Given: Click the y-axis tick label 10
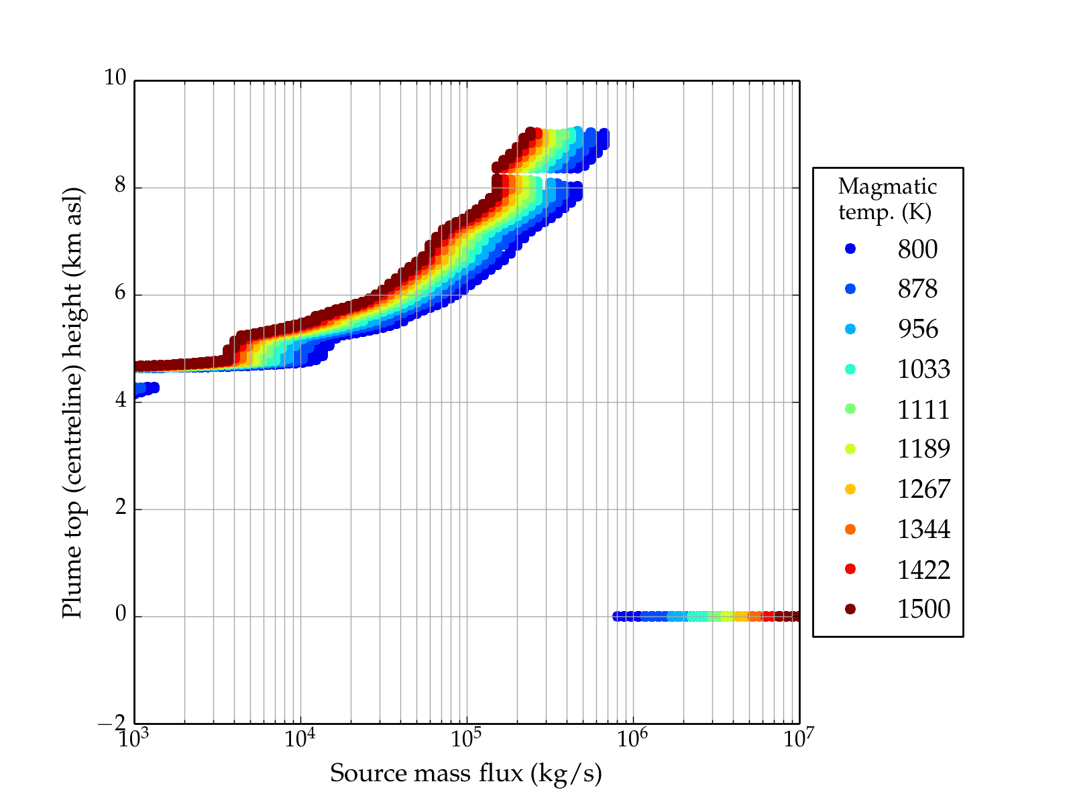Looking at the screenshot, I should pos(115,78).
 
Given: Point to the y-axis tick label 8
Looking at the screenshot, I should pos(120,186).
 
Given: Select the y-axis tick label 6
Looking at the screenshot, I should pos(120,293).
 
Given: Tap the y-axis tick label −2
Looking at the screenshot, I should pos(111,723).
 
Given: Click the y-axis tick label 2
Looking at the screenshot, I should pos(120,507).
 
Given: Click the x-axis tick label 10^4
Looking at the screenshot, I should pos(300,738).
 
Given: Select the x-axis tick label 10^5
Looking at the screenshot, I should pos(466,738).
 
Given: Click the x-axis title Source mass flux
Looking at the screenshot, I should pos(466,773).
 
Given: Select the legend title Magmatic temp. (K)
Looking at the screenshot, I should pos(887,199).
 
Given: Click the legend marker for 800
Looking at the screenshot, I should pos(850,249).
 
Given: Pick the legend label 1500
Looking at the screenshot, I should pos(923,609).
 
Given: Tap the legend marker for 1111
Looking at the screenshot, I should pos(850,409).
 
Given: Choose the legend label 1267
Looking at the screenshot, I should pos(923,489).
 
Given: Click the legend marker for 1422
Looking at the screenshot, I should pos(850,569).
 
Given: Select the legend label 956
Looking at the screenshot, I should pos(917,329).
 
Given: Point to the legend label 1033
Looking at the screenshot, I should pos(923,369).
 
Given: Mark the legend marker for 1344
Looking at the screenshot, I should pos(850,529).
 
